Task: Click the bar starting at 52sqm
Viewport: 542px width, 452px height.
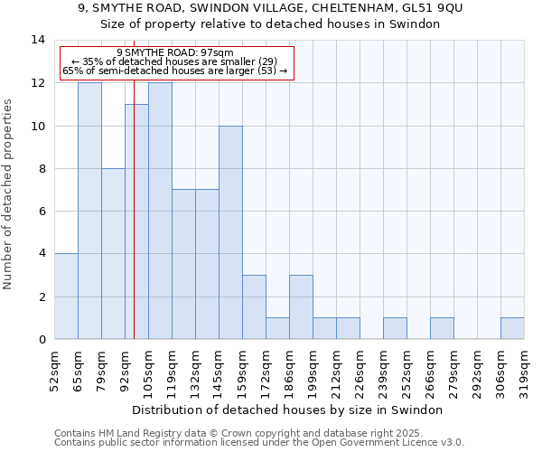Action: [x=66, y=297]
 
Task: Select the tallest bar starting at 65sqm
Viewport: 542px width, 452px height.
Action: [x=89, y=211]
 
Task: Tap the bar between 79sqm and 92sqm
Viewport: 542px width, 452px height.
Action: [x=113, y=253]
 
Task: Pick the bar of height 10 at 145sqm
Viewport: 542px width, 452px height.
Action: [x=230, y=232]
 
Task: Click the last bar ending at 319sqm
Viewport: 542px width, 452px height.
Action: [x=512, y=328]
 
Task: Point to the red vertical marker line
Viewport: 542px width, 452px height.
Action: [x=134, y=226]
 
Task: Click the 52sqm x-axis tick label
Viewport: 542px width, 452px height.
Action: [x=55, y=368]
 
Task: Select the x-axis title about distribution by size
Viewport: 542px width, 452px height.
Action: [x=294, y=410]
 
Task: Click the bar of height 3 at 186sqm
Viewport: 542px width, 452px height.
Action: [x=301, y=307]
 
